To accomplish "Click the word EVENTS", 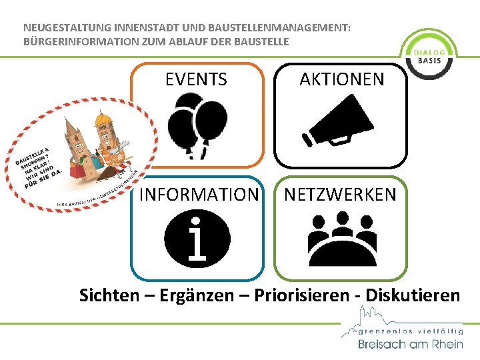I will pos(196,80).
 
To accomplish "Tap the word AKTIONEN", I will pos(342,80).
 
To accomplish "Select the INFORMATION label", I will pos(198,195).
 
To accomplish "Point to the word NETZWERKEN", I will pos(341,195).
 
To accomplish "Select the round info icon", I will pos(197,239).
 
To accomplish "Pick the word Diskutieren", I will pos(413,295).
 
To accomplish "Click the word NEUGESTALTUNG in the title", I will pos(64,29).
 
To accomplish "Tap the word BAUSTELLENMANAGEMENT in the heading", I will pos(279,29).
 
